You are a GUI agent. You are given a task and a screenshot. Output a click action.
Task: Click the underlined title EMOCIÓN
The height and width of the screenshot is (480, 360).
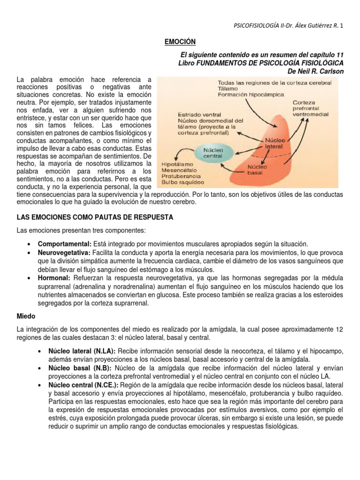(x=180, y=42)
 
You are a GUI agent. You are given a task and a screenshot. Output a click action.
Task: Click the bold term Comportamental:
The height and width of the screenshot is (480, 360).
(x=65, y=244)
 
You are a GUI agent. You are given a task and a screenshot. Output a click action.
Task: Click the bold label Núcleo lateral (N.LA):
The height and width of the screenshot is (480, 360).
(x=82, y=352)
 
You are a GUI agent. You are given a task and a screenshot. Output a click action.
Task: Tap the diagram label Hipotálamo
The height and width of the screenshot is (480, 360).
(x=176, y=165)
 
